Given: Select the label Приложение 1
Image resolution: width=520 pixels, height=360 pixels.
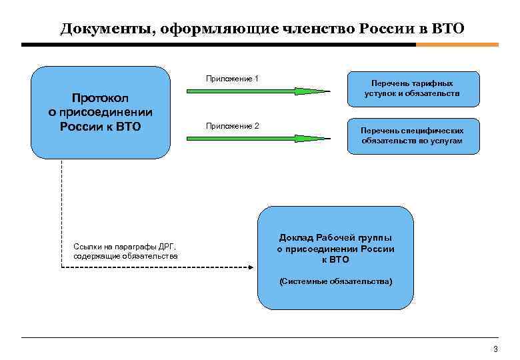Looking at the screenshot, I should (x=232, y=79).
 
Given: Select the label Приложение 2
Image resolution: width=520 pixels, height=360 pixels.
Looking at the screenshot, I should (x=232, y=126).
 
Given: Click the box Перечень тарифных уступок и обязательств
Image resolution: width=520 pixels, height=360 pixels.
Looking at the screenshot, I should (x=413, y=89).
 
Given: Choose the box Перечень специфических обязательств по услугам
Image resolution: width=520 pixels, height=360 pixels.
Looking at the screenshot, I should (x=413, y=135).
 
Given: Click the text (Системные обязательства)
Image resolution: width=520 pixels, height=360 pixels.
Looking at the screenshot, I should (x=335, y=282).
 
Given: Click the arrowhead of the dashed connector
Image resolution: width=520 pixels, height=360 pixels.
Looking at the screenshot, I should (x=251, y=268).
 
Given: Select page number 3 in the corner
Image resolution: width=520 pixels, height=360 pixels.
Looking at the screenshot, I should (x=495, y=349).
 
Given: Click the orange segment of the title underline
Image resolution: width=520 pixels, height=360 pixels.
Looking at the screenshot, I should (x=457, y=45).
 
